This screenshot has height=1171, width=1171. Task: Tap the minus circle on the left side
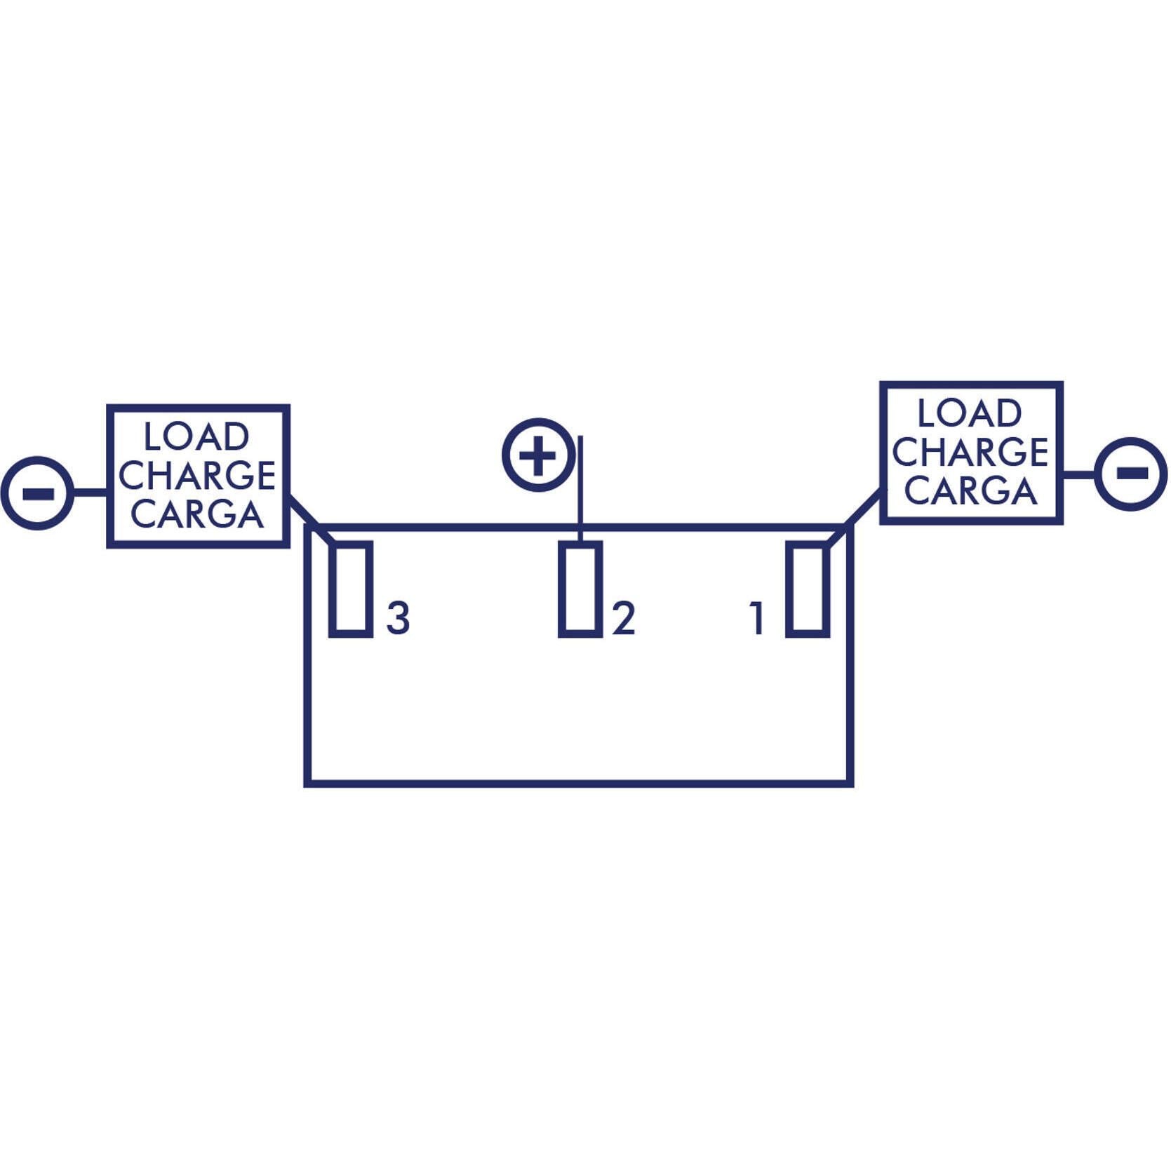click(37, 493)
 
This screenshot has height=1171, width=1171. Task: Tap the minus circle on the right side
click(1131, 474)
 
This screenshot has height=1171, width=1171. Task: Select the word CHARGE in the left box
click(197, 476)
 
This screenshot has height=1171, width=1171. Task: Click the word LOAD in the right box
click(970, 413)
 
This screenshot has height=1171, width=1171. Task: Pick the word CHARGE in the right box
click(970, 452)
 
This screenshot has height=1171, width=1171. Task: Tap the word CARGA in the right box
click(970, 490)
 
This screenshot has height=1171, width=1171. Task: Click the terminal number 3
click(398, 618)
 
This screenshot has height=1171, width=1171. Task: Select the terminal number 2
click(623, 618)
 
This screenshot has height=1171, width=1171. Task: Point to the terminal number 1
click(756, 618)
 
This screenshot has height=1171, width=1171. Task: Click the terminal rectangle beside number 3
click(351, 589)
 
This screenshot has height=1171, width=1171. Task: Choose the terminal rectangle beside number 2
click(580, 589)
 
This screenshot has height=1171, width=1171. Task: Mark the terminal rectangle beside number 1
click(808, 589)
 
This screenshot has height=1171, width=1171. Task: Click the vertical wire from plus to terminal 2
click(580, 489)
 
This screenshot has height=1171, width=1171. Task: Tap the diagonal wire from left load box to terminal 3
click(312, 520)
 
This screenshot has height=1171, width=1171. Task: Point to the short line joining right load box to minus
click(1079, 474)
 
